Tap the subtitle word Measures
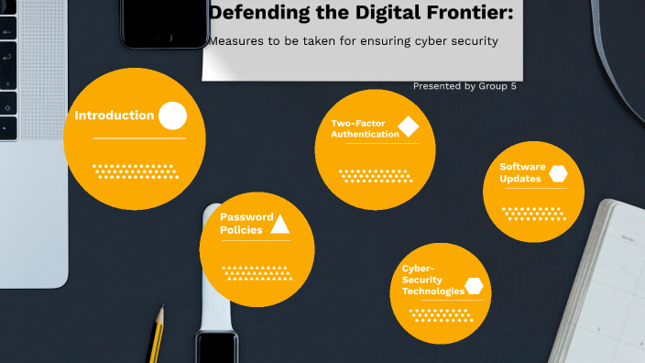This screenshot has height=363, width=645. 237,41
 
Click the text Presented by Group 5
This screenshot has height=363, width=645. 465,86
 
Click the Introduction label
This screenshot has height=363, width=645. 114,115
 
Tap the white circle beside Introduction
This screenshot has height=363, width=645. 172,115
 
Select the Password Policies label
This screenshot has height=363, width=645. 246,223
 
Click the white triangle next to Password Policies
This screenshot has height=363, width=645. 280,224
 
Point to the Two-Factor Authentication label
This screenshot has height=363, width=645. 365,128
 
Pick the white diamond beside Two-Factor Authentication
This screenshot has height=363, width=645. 409,126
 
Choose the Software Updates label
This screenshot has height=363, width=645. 522,172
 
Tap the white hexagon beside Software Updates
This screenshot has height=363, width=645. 558,173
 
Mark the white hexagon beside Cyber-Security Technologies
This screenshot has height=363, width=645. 474,285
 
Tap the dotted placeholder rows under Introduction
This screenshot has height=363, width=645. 134,171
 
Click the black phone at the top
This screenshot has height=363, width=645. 165,22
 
